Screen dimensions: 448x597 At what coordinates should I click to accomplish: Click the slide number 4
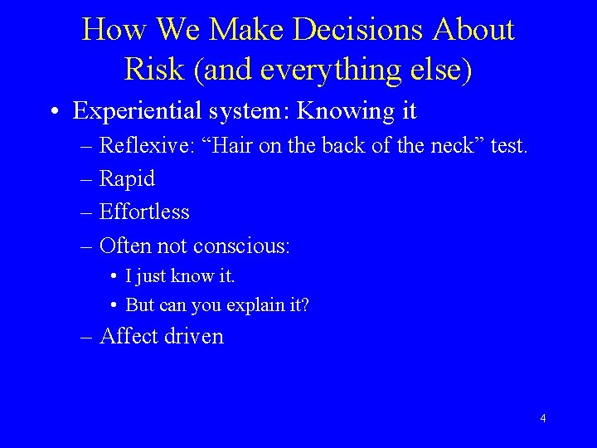point(542,418)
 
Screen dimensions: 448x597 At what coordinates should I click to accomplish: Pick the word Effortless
point(144,212)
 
